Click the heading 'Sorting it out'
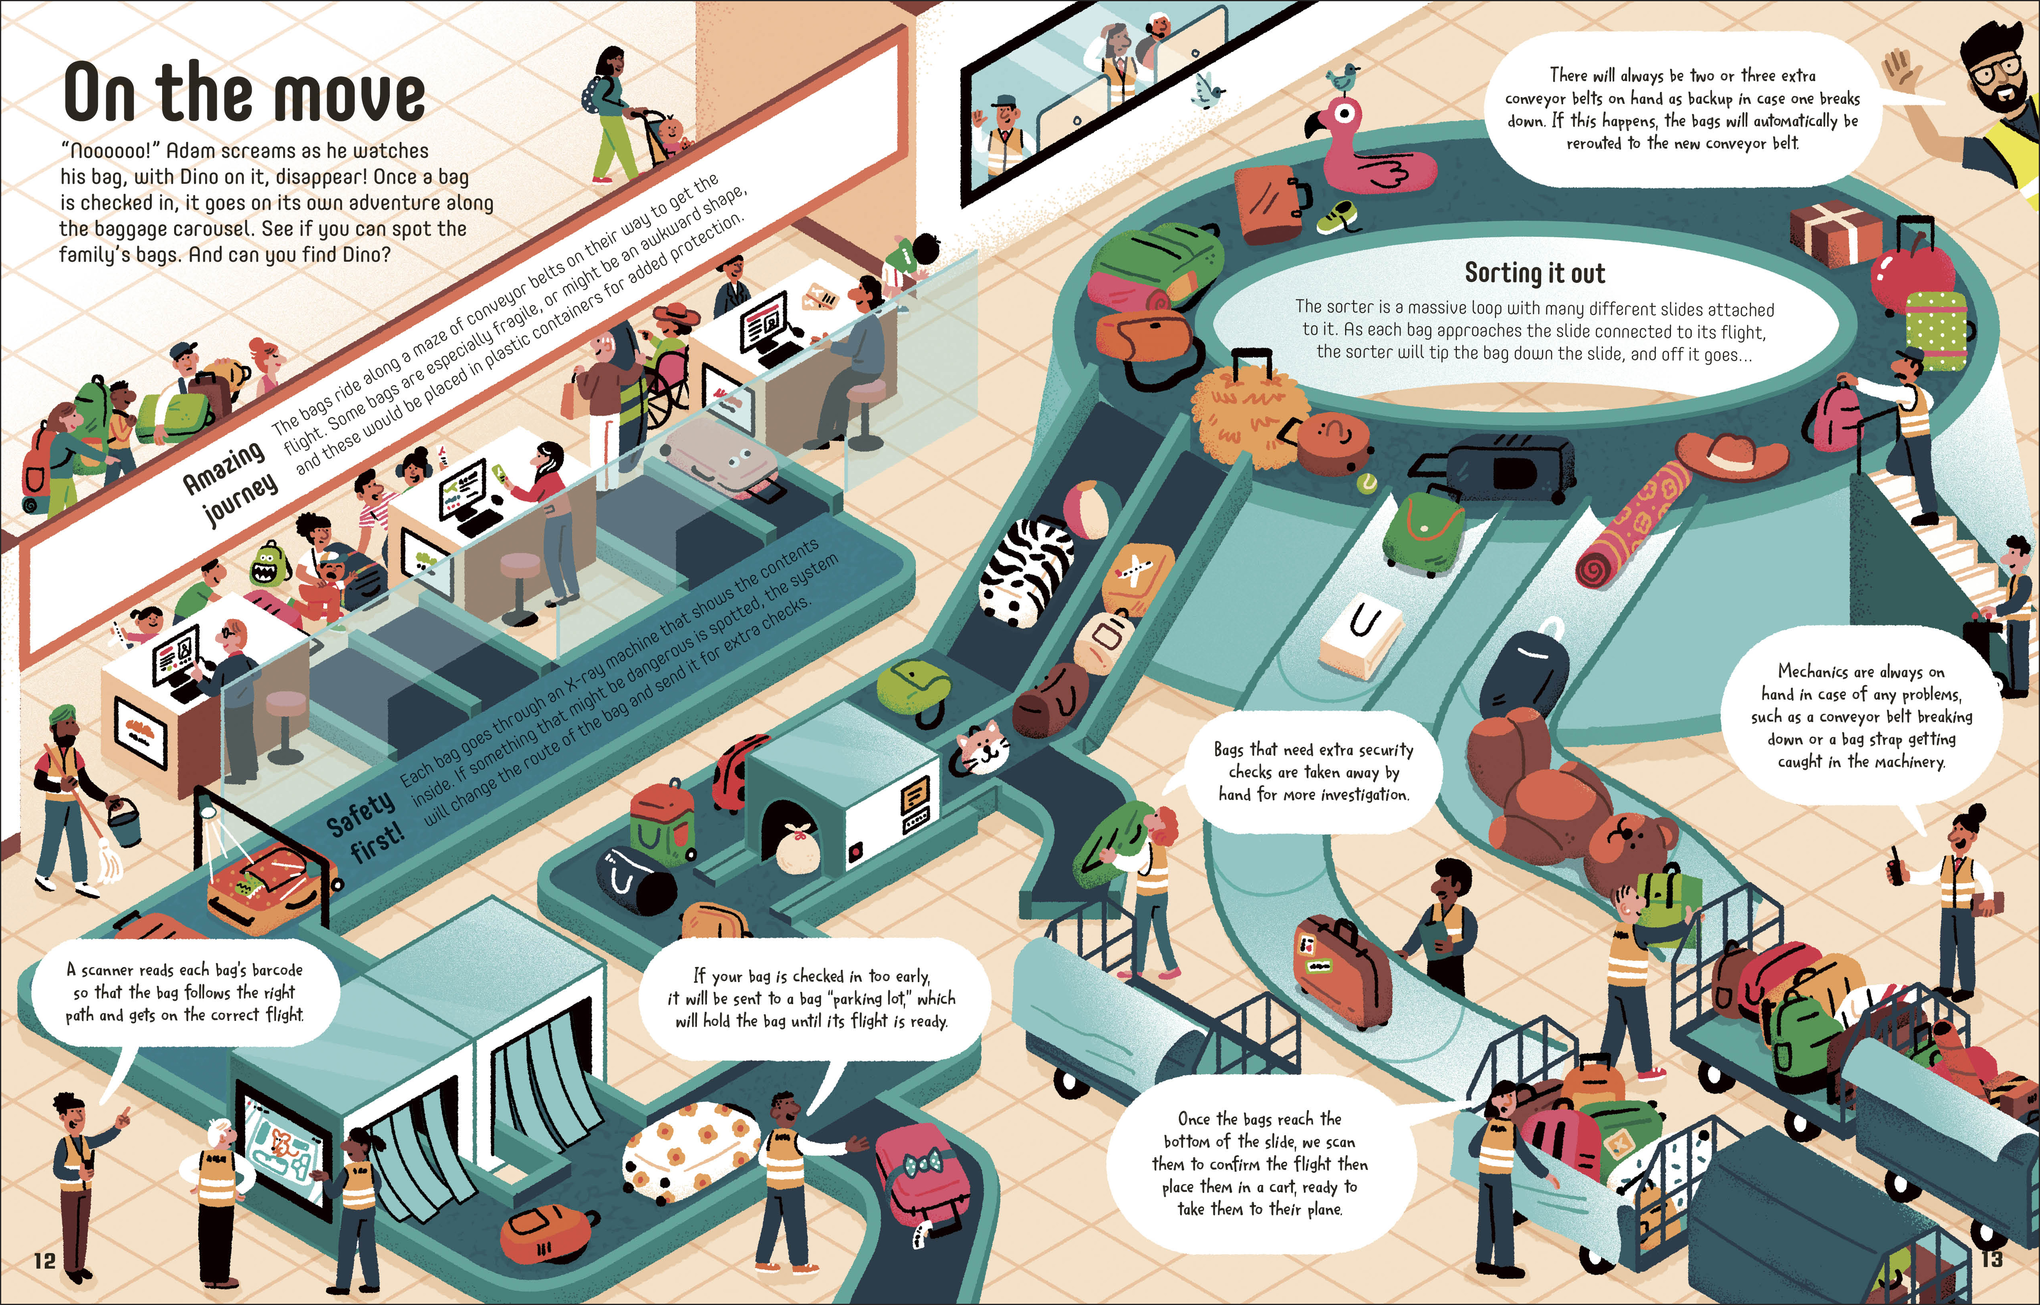(x=1534, y=273)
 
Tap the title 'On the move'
(x=244, y=93)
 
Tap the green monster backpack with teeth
(x=270, y=563)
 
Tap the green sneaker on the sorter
(x=1339, y=219)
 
